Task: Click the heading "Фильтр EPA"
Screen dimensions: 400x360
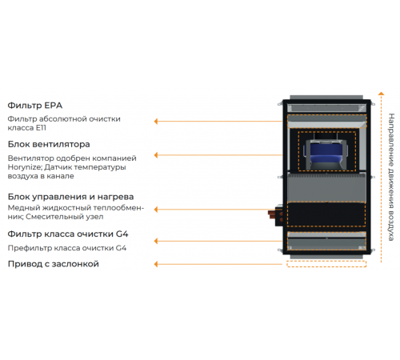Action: coord(35,106)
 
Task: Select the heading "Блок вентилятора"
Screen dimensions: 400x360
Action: coord(49,144)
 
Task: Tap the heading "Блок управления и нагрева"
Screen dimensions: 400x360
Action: coord(70,197)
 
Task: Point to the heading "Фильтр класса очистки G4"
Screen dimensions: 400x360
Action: coord(68,234)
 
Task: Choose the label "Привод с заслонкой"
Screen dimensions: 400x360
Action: coord(54,264)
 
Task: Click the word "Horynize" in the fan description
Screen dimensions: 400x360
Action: coord(25,167)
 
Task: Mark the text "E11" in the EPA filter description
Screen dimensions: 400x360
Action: coord(41,128)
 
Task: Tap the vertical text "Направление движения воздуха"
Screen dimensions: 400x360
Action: coord(391,177)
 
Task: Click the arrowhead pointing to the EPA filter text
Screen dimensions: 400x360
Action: coord(156,122)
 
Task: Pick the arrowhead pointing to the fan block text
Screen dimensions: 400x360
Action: coord(156,155)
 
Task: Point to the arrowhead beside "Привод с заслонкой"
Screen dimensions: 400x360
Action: coord(156,264)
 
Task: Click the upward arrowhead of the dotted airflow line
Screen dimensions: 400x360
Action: coord(382,94)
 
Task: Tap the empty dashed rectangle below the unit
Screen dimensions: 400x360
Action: coord(326,264)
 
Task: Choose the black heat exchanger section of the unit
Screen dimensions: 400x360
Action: coord(326,214)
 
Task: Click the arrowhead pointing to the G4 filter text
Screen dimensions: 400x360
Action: coord(156,241)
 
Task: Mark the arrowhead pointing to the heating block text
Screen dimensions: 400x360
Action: coord(156,210)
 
